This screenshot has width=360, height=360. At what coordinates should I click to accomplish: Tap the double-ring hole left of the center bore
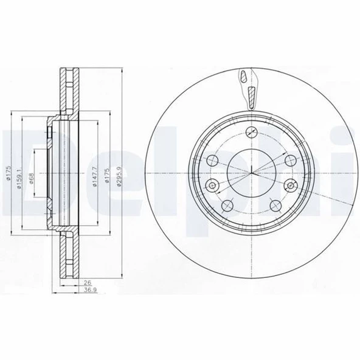tap(212, 186)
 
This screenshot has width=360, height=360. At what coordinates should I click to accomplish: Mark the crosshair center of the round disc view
tap(249, 173)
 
